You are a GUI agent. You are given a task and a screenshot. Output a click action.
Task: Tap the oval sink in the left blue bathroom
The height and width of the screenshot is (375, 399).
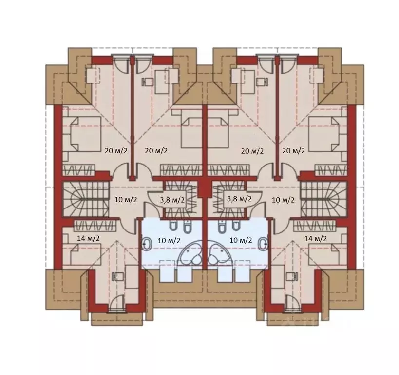click(x=147, y=244)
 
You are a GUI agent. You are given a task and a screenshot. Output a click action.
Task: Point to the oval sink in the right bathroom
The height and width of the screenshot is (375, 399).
click(x=263, y=244)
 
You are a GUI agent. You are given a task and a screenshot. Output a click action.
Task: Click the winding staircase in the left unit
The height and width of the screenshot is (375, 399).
click(x=86, y=199)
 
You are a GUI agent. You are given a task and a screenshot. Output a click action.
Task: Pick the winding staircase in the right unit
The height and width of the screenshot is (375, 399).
click(x=323, y=199)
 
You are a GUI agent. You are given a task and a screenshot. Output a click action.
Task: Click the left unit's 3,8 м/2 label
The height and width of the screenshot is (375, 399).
click(x=172, y=200)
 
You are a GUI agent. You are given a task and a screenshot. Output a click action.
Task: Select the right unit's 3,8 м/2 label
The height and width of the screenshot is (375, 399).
click(x=239, y=198)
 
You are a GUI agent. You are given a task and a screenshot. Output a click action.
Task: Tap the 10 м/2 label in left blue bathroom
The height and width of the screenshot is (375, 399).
click(x=169, y=240)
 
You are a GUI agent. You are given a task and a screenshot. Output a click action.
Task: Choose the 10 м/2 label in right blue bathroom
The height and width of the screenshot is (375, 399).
click(x=241, y=240)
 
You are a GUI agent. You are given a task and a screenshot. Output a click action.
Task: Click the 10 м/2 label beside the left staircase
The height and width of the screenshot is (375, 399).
click(x=126, y=200)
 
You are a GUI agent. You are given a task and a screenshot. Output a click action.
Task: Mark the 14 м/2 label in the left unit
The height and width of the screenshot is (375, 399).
click(x=88, y=238)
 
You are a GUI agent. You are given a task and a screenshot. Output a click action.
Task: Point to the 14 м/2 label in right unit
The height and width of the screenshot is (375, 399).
click(x=316, y=239)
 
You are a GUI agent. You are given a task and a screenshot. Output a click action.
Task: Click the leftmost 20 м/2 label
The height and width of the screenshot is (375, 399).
click(x=116, y=151)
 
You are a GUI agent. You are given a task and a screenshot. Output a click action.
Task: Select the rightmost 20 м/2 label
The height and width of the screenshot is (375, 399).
click(x=293, y=151)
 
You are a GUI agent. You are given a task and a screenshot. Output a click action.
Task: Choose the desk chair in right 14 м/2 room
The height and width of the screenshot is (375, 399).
click(x=292, y=276)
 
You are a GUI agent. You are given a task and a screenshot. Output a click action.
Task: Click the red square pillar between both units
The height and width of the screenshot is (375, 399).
click(x=203, y=188)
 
